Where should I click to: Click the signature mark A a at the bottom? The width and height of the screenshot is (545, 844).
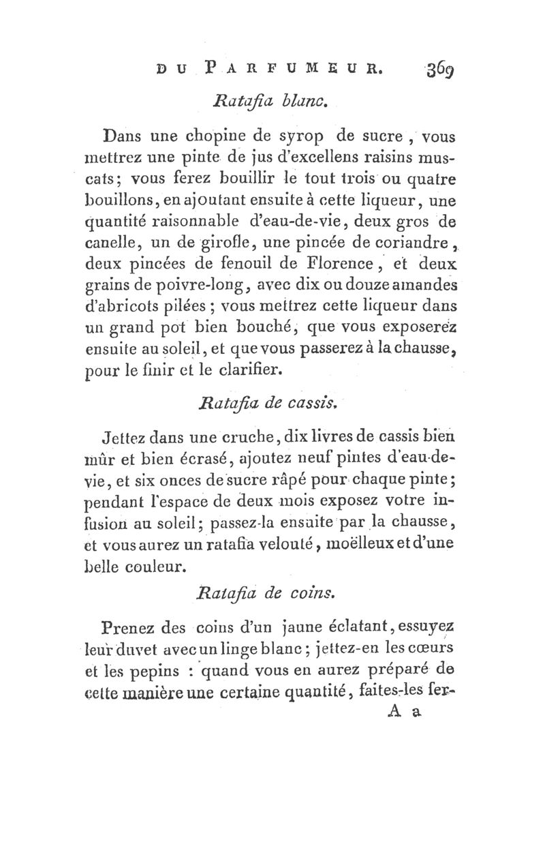[x=407, y=714]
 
